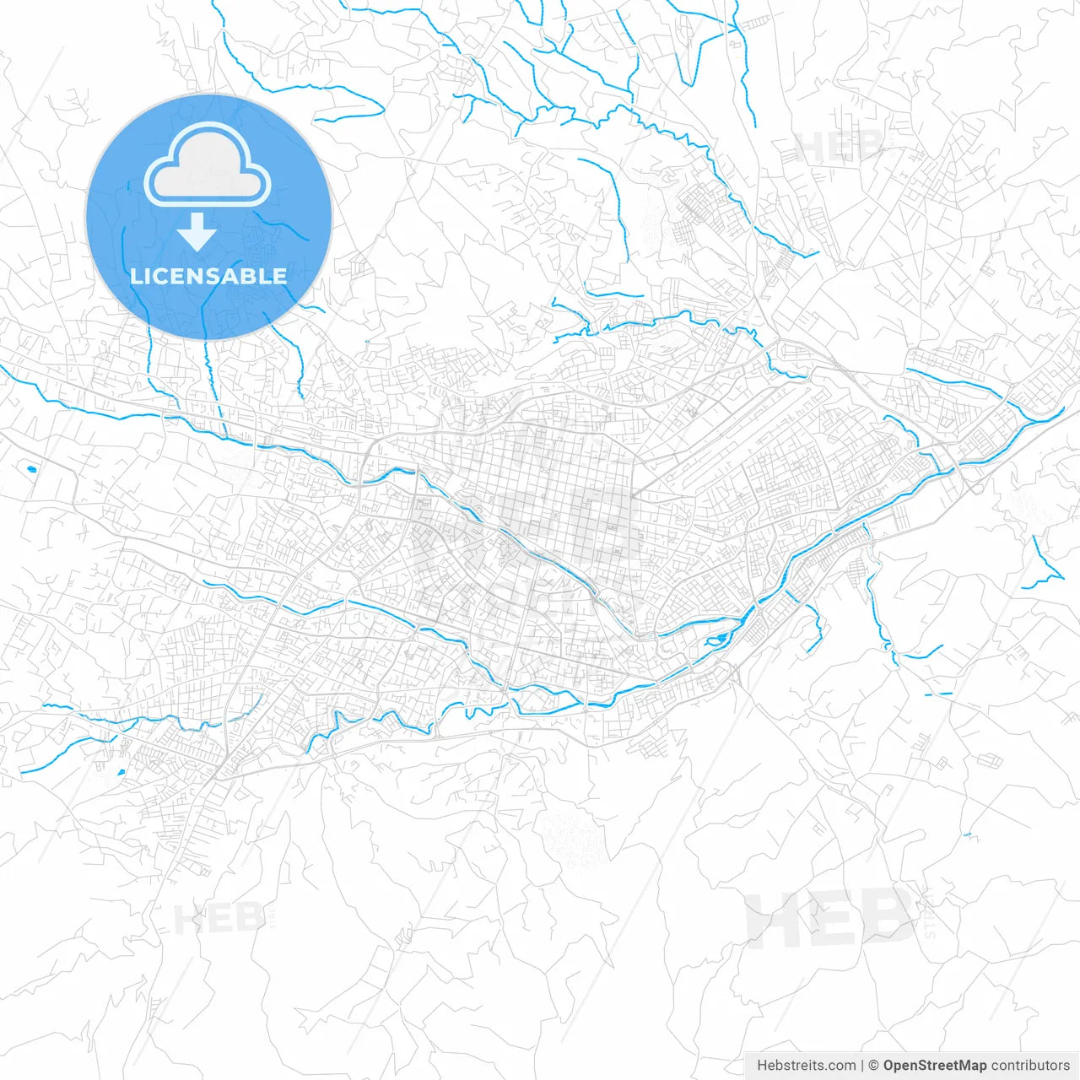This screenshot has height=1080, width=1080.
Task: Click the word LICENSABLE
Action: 208,276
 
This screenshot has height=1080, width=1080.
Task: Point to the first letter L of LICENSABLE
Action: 135,276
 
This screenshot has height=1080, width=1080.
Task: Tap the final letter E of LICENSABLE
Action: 279,276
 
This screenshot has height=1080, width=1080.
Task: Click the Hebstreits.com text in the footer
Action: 806,1066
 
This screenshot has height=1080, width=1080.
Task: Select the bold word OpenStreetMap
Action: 934,1066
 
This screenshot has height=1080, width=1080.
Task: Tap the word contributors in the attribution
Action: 1029,1066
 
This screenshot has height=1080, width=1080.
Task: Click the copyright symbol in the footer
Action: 873,1066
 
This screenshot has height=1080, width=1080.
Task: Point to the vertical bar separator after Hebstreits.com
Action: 861,1066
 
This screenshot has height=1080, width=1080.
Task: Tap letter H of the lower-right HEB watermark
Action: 772,917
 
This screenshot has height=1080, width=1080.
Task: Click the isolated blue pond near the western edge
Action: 31,468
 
